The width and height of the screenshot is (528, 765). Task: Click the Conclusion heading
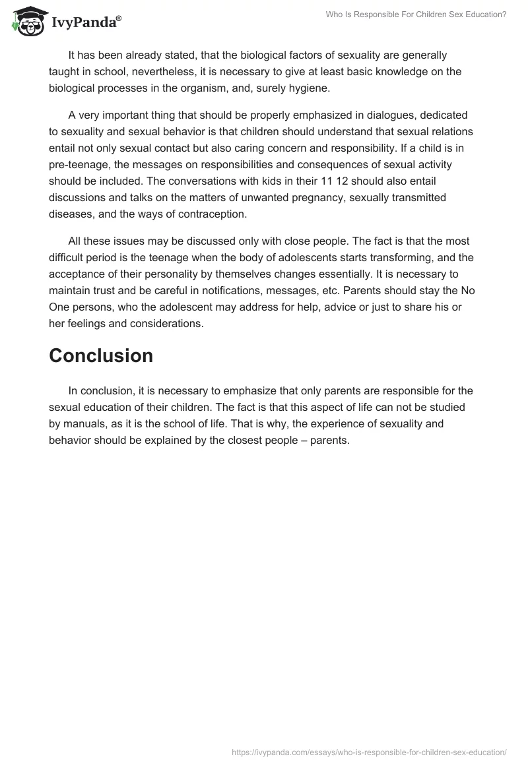point(101,355)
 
